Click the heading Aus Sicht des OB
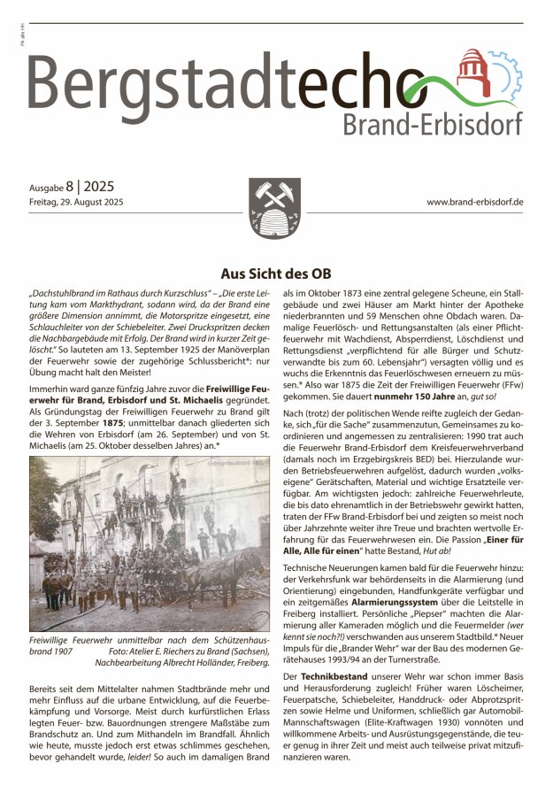[275, 274]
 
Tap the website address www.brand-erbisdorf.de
[475, 202]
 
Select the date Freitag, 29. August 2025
[75, 203]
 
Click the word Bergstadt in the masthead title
[151, 84]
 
